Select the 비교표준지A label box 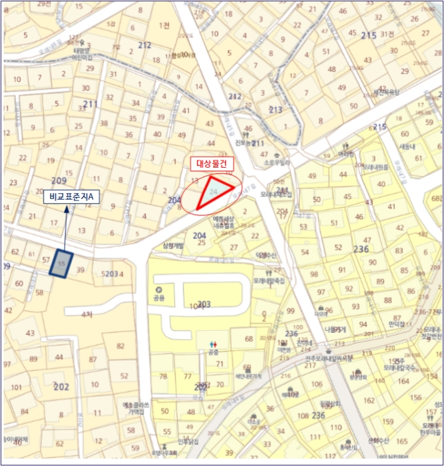(x=71, y=197)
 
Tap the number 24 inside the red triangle (x=213, y=191)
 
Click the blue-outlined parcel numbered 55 (x=62, y=264)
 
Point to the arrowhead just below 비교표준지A (x=68, y=209)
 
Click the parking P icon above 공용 (x=159, y=290)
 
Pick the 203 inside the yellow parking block (x=204, y=305)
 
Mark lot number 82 (x=120, y=346)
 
